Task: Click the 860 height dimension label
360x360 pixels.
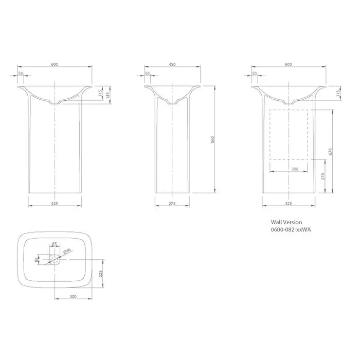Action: pos(212,139)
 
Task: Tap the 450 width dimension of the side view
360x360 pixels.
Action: pos(172,64)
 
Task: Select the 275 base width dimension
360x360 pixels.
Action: pos(172,203)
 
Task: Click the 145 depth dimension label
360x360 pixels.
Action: pos(108,94)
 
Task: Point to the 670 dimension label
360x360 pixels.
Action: pos(331,151)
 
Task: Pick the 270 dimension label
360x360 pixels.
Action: pos(323,176)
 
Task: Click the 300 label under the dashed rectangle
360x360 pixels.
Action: pos(295,169)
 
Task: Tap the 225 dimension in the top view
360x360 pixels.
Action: pos(101,274)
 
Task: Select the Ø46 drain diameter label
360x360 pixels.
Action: pos(67,251)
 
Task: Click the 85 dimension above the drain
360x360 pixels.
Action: pos(55,244)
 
